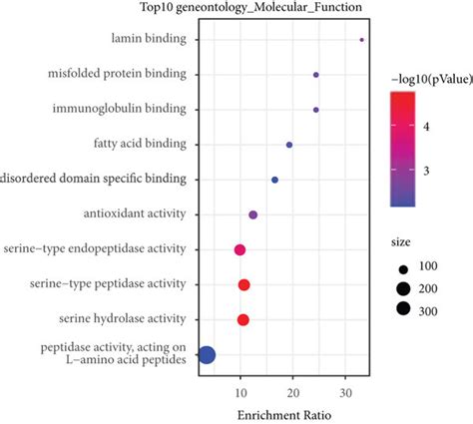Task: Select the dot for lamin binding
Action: point(361,40)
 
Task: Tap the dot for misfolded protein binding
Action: point(316,75)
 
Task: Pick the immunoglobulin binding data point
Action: point(316,110)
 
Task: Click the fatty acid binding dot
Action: point(289,145)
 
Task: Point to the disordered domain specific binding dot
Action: point(275,180)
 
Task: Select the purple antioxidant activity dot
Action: point(253,214)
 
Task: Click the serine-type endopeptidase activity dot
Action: point(239,249)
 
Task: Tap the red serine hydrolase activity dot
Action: point(243,319)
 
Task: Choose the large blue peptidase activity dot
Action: point(208,354)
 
